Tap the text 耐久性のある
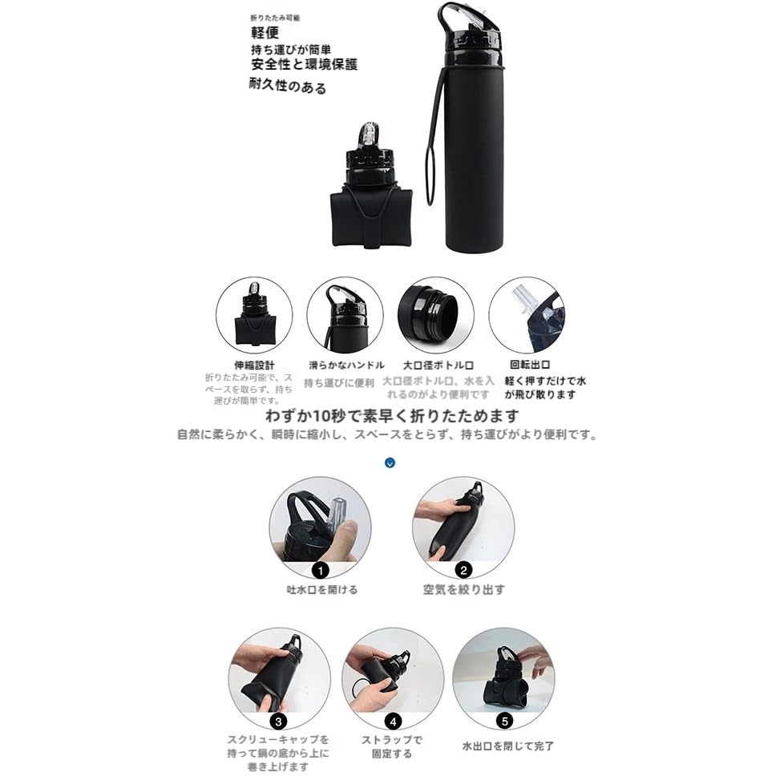point(287,87)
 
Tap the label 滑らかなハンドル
point(346,365)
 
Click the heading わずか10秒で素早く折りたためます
point(391,416)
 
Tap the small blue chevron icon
point(390,463)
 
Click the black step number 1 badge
point(321,571)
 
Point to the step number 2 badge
point(463,571)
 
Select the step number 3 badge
point(278,720)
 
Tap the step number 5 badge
point(504,720)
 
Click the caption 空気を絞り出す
point(464,589)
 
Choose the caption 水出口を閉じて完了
point(507,746)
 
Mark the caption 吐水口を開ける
point(322,589)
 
